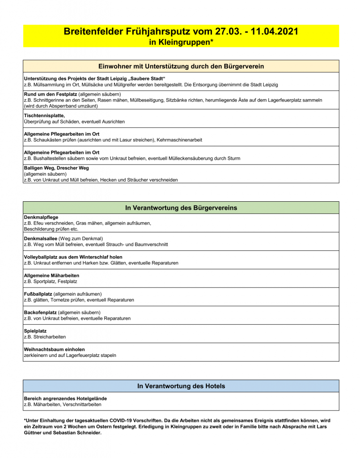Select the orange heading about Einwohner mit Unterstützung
(181, 66)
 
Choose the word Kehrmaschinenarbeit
(179, 140)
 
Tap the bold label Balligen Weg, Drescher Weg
(56, 168)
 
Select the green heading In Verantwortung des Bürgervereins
(181, 208)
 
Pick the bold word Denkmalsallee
(41, 238)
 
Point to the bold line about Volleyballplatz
(73, 257)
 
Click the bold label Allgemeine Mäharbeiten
(51, 276)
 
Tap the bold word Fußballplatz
(38, 294)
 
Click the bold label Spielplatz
(35, 331)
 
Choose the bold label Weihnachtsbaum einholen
(54, 349)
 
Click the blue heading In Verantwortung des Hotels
(181, 386)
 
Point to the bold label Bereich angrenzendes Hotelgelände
(65, 399)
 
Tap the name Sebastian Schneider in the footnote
(72, 433)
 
